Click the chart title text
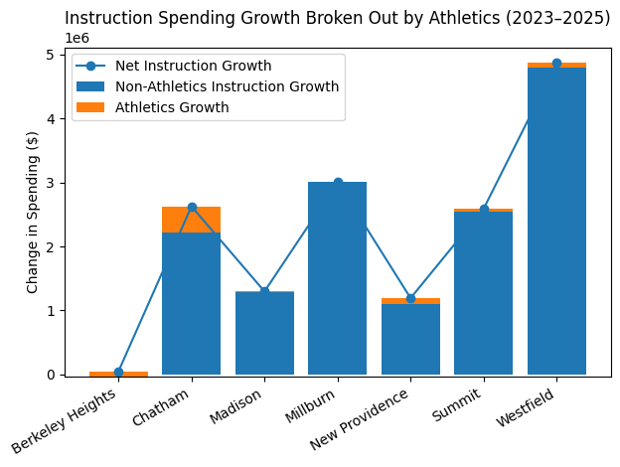tap(338, 18)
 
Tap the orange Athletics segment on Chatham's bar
tap(192, 220)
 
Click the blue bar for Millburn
tap(338, 278)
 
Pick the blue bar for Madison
tap(264, 333)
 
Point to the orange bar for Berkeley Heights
tap(118, 374)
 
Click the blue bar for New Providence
tap(410, 339)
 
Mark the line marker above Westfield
tap(556, 64)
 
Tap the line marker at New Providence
tap(410, 298)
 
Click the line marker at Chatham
tap(192, 208)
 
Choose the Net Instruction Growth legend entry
tap(193, 67)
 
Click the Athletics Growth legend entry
tap(172, 107)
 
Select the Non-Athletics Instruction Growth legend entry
tap(227, 86)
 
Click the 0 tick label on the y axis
tap(53, 375)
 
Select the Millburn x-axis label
tap(317, 406)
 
